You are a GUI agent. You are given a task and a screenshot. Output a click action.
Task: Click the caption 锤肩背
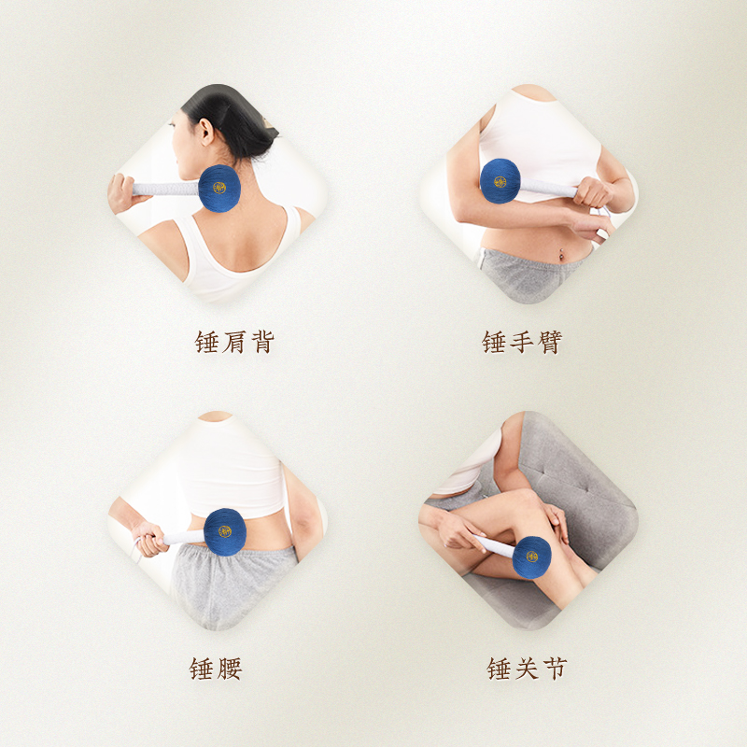[234, 343]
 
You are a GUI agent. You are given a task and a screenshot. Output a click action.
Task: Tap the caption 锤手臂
[522, 343]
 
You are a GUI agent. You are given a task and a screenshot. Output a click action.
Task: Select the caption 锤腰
[217, 669]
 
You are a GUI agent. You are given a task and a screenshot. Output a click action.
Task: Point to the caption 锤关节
[527, 669]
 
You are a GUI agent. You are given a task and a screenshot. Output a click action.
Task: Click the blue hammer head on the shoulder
[219, 188]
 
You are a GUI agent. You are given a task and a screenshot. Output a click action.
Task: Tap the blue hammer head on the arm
[500, 180]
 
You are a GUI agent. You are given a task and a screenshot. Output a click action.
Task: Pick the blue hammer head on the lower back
[225, 531]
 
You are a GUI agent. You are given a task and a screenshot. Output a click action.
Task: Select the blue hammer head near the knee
[531, 557]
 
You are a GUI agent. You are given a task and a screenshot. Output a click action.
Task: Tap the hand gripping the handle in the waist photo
[149, 537]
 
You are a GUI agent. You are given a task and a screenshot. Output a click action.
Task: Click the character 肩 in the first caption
[234, 343]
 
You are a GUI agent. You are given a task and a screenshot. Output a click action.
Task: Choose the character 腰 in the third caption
[230, 669]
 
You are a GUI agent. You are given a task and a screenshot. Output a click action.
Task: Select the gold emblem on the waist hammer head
[225, 531]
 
